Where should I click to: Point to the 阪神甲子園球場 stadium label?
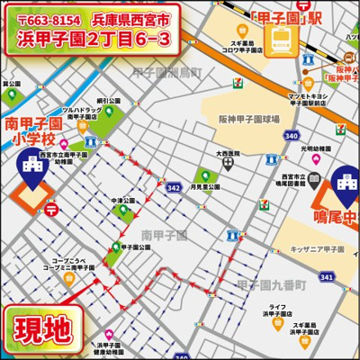coord(248,118)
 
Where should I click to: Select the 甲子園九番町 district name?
coord(270,284)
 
